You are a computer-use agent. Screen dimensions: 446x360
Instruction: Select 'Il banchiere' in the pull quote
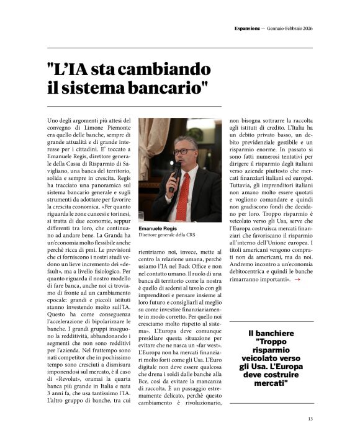click(271, 334)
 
